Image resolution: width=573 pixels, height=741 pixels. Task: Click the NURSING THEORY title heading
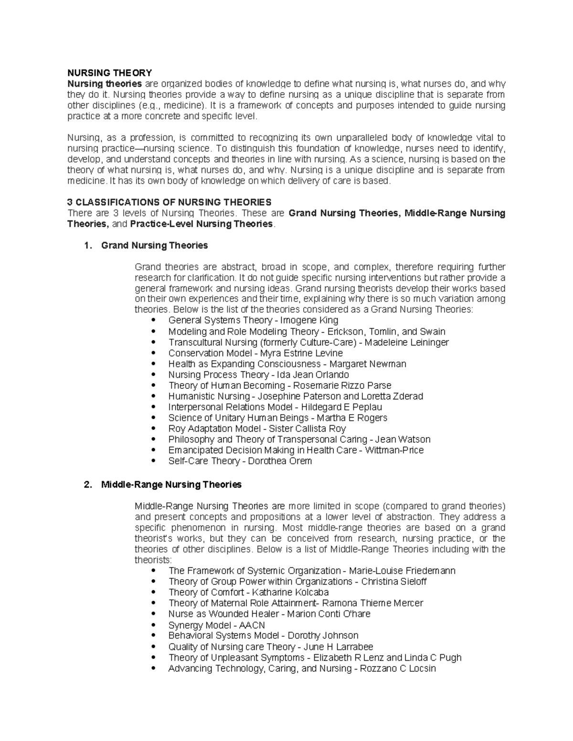(109, 73)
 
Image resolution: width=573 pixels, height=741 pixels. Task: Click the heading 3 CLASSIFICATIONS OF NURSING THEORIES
(169, 202)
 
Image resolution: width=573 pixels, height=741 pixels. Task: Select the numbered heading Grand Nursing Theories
(154, 245)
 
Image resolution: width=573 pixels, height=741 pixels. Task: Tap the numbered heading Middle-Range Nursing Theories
(171, 485)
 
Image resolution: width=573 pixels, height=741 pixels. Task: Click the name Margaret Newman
(368, 364)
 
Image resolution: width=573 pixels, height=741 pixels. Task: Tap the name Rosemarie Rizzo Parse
(342, 386)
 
